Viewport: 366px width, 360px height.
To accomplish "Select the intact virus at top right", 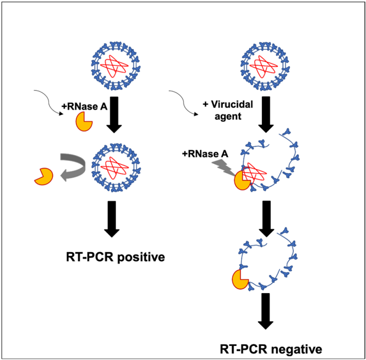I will [265, 65].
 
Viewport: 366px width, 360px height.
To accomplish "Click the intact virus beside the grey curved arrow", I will [113, 168].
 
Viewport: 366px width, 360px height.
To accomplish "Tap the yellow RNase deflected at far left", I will [43, 176].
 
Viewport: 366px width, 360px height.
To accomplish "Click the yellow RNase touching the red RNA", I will [242, 179].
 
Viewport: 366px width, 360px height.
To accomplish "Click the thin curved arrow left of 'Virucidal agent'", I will [186, 101].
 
